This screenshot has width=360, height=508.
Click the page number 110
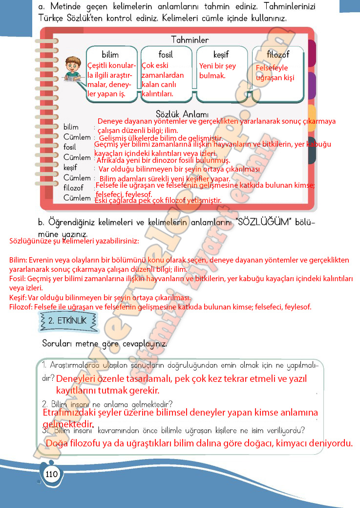51,474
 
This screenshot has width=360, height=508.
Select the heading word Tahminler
190,40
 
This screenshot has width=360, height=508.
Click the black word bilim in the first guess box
110,54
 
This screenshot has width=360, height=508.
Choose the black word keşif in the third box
221,54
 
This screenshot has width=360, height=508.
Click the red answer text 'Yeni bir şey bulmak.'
217,71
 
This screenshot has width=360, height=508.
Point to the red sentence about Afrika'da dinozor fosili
163,160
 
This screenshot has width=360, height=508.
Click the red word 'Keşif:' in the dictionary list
19,298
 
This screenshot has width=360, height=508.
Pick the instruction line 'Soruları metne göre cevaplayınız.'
105,343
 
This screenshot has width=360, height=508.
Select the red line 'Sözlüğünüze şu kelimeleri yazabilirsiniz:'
74,241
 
